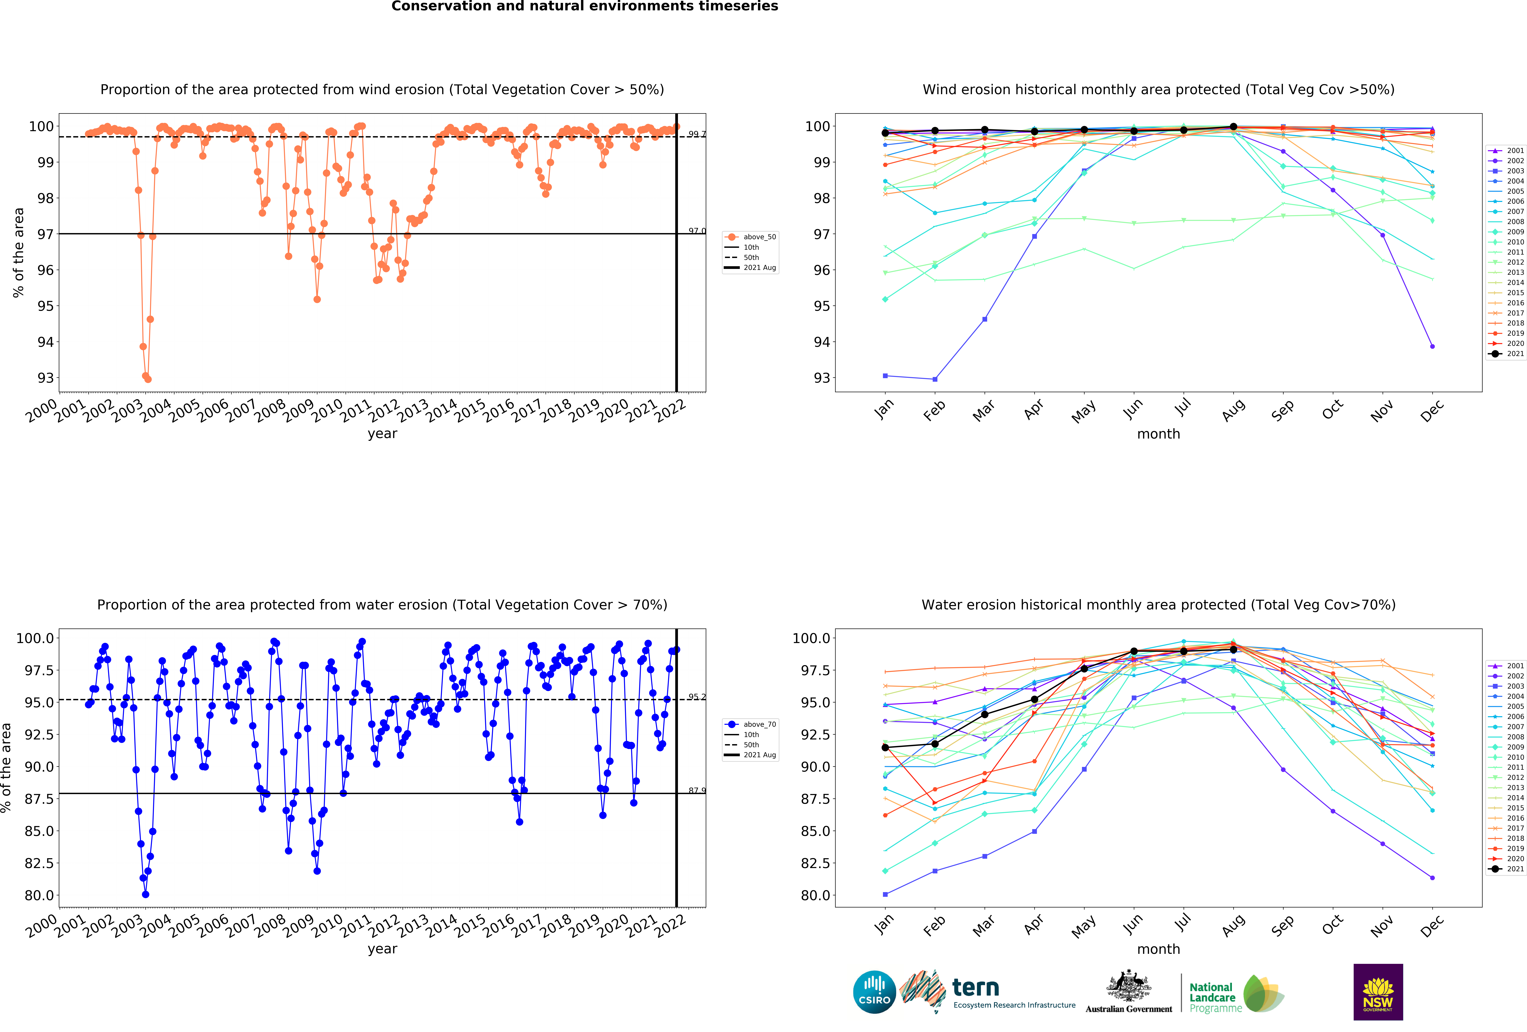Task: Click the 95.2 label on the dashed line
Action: pos(697,697)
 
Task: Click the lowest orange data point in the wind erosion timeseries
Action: pos(148,379)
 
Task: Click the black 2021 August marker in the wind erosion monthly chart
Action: pos(1233,127)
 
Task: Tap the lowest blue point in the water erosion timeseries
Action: pos(145,894)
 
